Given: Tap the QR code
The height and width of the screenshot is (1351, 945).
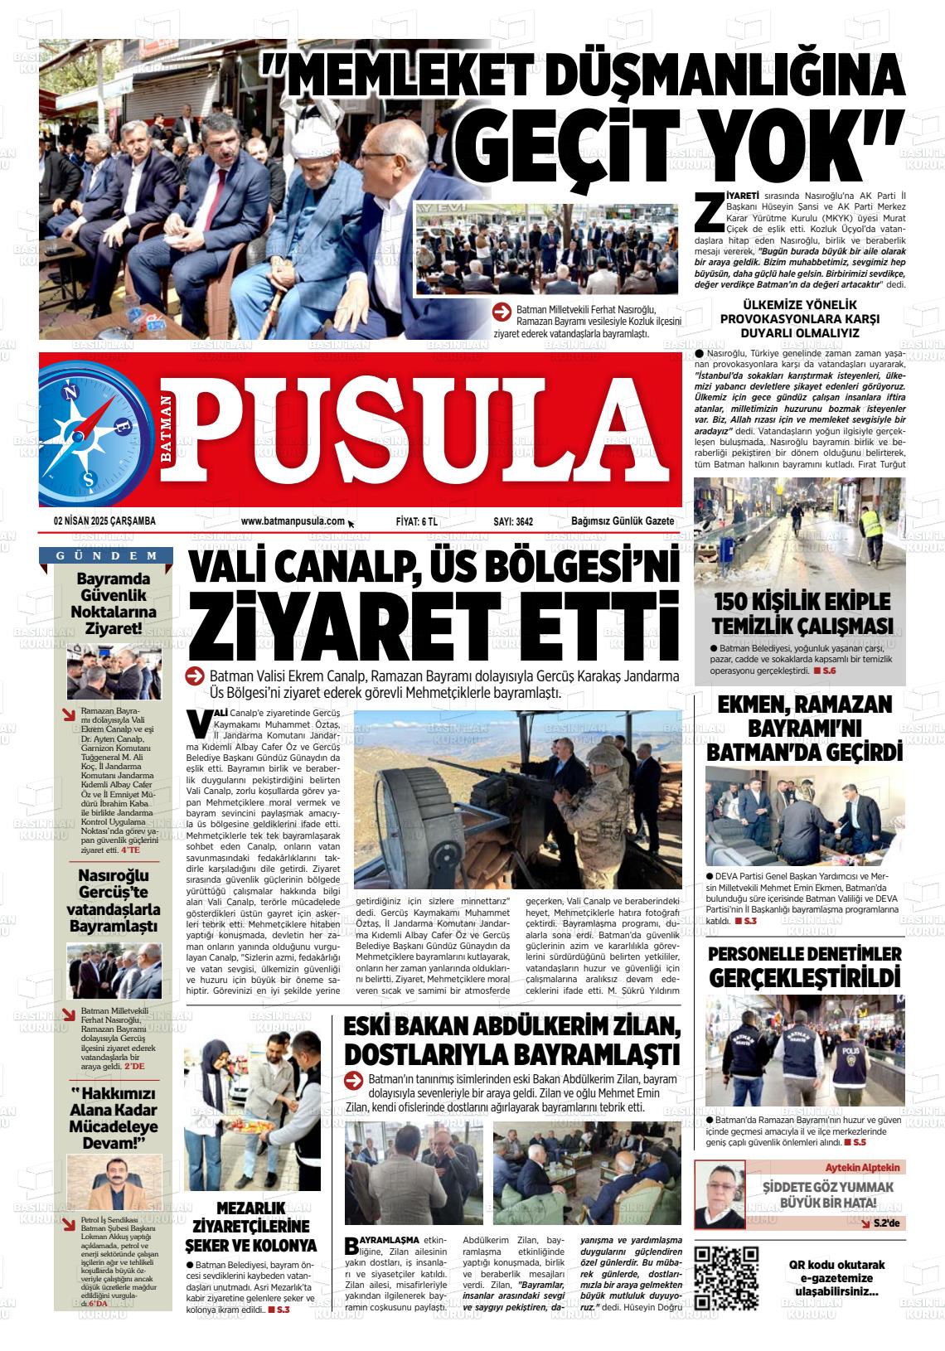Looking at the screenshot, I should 726,1277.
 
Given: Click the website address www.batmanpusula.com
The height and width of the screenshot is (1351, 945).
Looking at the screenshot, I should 293,521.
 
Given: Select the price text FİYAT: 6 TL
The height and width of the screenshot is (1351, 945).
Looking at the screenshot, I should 417,521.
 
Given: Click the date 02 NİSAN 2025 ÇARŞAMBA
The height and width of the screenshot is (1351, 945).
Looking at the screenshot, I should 104,521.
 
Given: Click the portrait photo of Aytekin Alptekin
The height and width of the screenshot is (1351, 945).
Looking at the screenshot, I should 719,1194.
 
